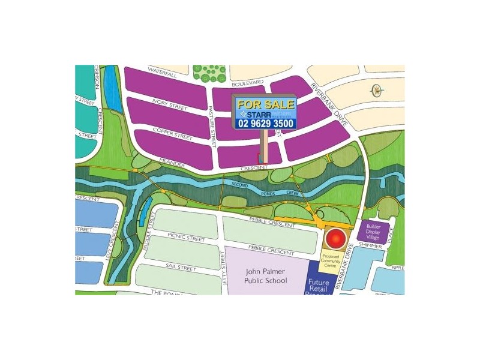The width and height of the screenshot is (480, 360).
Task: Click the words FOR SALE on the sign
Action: point(265,104)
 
